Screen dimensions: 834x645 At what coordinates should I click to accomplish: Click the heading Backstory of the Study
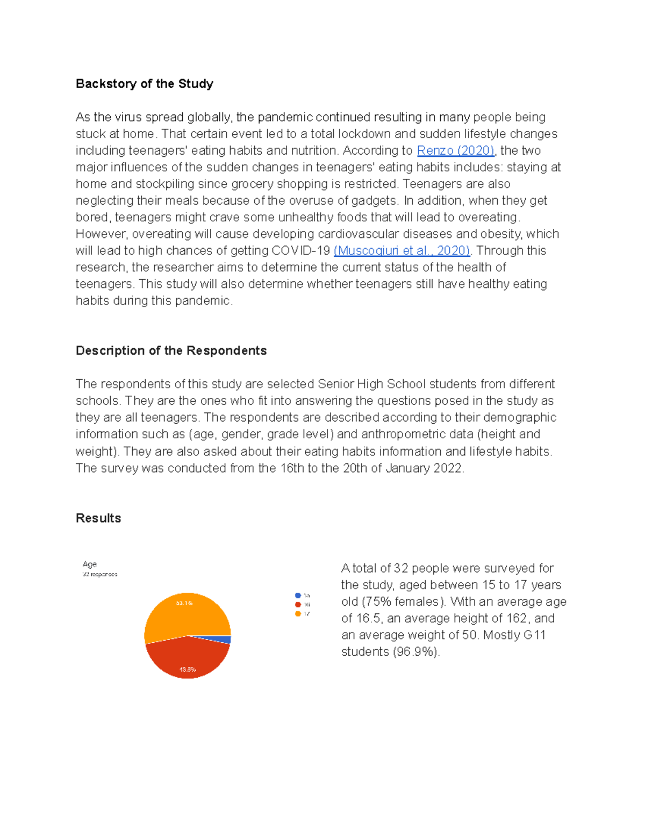pos(144,84)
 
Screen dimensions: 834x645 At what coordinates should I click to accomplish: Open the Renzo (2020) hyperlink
pos(455,150)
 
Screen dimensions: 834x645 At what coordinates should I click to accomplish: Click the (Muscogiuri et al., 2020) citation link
pos(402,251)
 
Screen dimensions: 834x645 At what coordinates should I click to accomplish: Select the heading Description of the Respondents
pos(171,351)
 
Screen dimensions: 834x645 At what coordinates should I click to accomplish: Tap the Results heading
pos(98,518)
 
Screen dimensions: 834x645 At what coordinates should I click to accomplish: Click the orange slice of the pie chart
pos(188,615)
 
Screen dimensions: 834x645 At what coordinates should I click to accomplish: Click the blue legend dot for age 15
pos(298,596)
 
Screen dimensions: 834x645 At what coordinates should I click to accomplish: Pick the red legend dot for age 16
pos(298,605)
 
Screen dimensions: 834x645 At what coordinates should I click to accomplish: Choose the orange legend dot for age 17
pos(298,614)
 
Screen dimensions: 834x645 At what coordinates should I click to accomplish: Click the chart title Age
pos(90,564)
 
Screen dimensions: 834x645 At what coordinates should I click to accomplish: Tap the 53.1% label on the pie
pos(184,603)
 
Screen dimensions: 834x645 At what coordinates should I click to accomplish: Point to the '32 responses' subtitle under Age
pos(100,574)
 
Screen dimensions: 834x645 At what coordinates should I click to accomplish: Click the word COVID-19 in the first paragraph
pos(301,251)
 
